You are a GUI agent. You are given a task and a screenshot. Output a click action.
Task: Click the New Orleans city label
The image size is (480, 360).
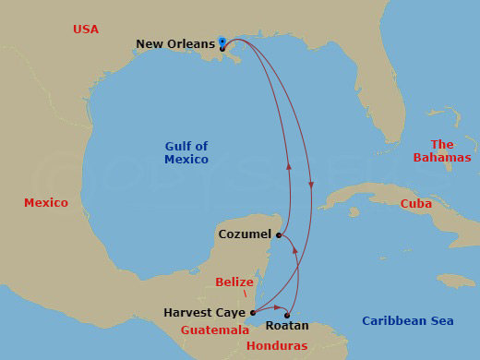175,43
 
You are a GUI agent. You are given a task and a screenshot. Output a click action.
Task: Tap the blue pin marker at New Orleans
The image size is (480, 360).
222,41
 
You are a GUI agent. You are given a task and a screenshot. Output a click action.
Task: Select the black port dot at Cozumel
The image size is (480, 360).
278,234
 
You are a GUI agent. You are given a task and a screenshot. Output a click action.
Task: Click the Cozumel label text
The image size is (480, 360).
245,234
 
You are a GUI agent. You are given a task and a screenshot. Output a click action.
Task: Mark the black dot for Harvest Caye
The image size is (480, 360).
252,313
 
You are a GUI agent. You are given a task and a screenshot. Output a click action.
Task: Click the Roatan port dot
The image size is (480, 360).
287,316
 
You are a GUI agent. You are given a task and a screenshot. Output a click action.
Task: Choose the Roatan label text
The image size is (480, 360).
287,326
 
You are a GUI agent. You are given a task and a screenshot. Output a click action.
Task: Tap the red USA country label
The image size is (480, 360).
86,30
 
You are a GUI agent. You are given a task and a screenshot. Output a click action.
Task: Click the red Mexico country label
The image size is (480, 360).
46,202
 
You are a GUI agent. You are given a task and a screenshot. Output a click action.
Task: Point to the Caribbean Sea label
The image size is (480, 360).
408,320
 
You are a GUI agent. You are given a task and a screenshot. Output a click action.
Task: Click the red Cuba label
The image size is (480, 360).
416,203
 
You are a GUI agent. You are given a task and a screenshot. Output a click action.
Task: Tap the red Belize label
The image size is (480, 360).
234,282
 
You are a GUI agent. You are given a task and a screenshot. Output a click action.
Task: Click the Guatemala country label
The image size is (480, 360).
215,330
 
